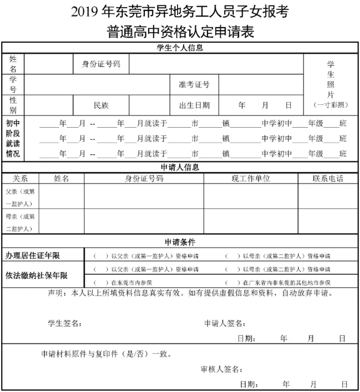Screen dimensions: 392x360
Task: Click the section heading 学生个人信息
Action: point(180,48)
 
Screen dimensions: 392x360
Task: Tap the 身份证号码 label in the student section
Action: point(101,64)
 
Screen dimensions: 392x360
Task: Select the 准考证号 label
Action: point(194,85)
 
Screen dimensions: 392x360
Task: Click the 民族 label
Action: point(101,104)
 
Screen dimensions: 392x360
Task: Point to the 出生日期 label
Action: point(194,104)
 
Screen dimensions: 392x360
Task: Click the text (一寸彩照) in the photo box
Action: point(330,104)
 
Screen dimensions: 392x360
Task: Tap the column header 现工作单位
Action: point(251,179)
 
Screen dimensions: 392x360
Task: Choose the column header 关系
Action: point(20,179)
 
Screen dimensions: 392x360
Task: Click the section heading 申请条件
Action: point(180,242)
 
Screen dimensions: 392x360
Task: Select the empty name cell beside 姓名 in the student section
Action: point(49,64)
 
